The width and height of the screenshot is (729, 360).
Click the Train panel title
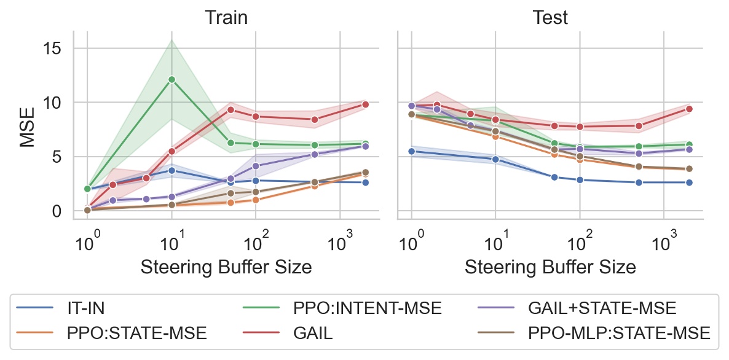[x=226, y=17]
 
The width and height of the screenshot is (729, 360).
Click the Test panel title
[x=550, y=17]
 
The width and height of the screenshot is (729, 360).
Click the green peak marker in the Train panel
[x=171, y=79]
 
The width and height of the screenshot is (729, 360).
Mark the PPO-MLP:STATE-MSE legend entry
[x=618, y=333]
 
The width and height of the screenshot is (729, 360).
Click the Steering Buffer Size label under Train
[x=226, y=267]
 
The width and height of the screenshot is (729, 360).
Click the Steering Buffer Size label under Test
[x=550, y=267]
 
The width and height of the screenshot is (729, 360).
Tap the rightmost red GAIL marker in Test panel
[x=689, y=109]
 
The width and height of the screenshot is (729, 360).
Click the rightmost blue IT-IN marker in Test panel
[x=689, y=182]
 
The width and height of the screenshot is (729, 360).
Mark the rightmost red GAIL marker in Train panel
[x=365, y=104]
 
